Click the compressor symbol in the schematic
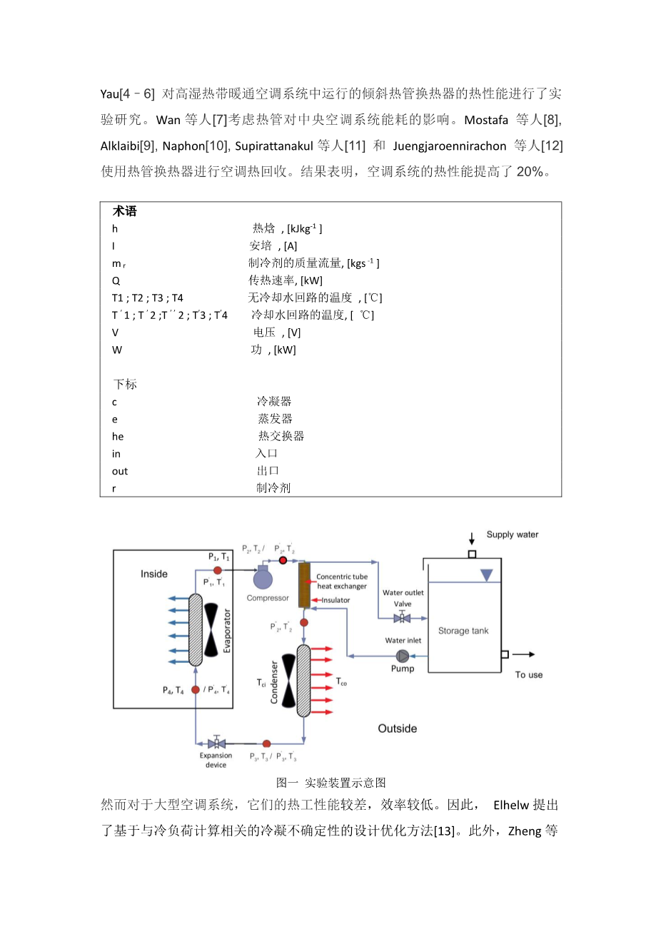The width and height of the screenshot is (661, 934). (x=263, y=578)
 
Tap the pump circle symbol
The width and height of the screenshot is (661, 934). (x=403, y=655)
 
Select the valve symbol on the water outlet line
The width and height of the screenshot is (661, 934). (x=402, y=617)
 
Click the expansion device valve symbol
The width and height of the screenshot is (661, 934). (x=216, y=743)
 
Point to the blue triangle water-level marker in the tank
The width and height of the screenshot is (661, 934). (x=486, y=575)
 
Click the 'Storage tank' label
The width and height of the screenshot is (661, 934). (x=463, y=631)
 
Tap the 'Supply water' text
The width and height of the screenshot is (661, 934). (x=512, y=534)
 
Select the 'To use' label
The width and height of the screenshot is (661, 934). (x=529, y=674)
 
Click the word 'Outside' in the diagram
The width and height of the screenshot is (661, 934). (x=398, y=729)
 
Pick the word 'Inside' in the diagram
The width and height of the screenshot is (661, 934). (x=154, y=574)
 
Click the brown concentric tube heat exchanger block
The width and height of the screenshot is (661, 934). (x=304, y=585)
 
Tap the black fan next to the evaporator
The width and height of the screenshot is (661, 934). (x=211, y=629)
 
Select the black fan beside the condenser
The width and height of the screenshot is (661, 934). (x=288, y=681)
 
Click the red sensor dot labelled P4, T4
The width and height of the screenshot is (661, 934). (x=196, y=690)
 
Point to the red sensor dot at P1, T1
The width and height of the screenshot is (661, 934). (x=218, y=570)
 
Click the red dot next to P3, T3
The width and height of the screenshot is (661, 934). (x=266, y=744)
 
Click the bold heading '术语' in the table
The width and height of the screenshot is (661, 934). (x=125, y=211)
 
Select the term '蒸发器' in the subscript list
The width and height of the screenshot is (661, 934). (x=275, y=419)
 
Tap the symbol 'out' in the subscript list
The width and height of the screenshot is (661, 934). (x=120, y=471)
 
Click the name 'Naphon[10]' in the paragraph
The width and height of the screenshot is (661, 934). (x=194, y=146)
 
